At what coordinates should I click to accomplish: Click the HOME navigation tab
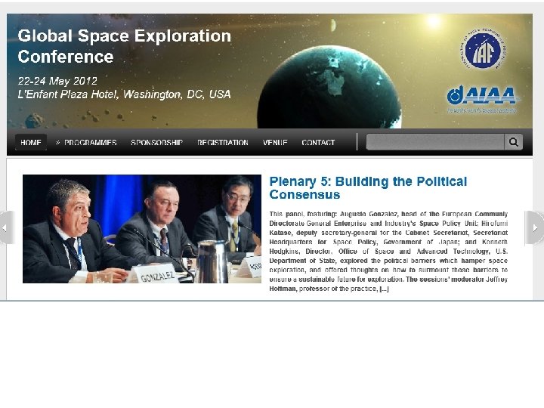click(x=31, y=142)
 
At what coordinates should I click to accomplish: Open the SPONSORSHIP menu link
click(x=156, y=142)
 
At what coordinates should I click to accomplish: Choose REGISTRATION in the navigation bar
click(x=222, y=142)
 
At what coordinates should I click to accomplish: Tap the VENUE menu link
click(x=275, y=142)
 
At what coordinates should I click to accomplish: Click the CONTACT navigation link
click(x=318, y=142)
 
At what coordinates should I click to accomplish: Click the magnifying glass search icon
click(x=514, y=142)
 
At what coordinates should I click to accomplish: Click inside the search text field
click(x=434, y=142)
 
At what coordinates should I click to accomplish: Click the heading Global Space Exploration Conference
click(x=124, y=46)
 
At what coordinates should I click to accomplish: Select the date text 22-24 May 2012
click(x=57, y=81)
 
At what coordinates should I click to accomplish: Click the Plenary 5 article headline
click(x=368, y=187)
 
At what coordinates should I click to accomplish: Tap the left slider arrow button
click(x=6, y=227)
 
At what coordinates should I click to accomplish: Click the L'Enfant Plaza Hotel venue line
click(x=124, y=94)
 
